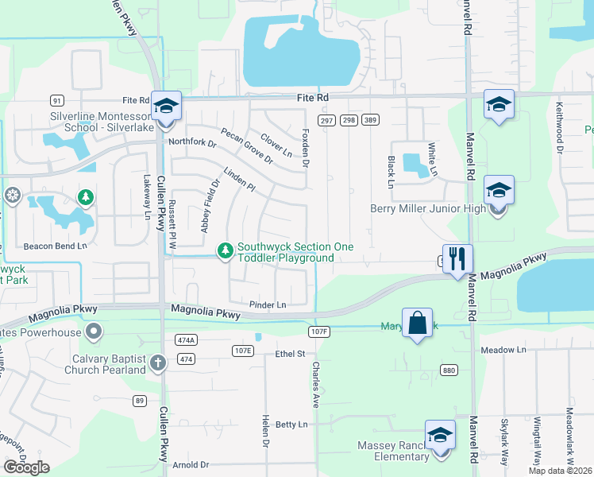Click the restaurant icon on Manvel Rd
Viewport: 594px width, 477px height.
(457, 258)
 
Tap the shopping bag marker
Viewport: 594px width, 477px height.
(417, 323)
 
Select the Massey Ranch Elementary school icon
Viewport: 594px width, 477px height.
(439, 436)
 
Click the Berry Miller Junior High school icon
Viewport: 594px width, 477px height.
(499, 191)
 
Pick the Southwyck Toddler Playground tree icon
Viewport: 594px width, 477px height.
(226, 251)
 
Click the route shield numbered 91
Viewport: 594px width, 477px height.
(56, 100)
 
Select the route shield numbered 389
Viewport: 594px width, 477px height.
(369, 120)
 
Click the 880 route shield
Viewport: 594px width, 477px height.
(449, 370)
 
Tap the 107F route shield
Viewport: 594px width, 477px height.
(318, 330)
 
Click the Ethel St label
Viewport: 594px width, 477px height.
(290, 353)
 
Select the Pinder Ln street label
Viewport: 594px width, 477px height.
(268, 304)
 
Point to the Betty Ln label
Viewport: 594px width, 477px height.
(291, 425)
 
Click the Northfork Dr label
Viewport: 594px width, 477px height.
(193, 143)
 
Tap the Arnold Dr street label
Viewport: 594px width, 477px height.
(191, 464)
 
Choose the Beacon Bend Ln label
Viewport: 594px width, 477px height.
(55, 246)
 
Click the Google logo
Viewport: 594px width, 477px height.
(26, 467)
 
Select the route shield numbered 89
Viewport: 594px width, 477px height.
(140, 400)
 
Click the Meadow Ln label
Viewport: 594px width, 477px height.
(503, 350)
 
